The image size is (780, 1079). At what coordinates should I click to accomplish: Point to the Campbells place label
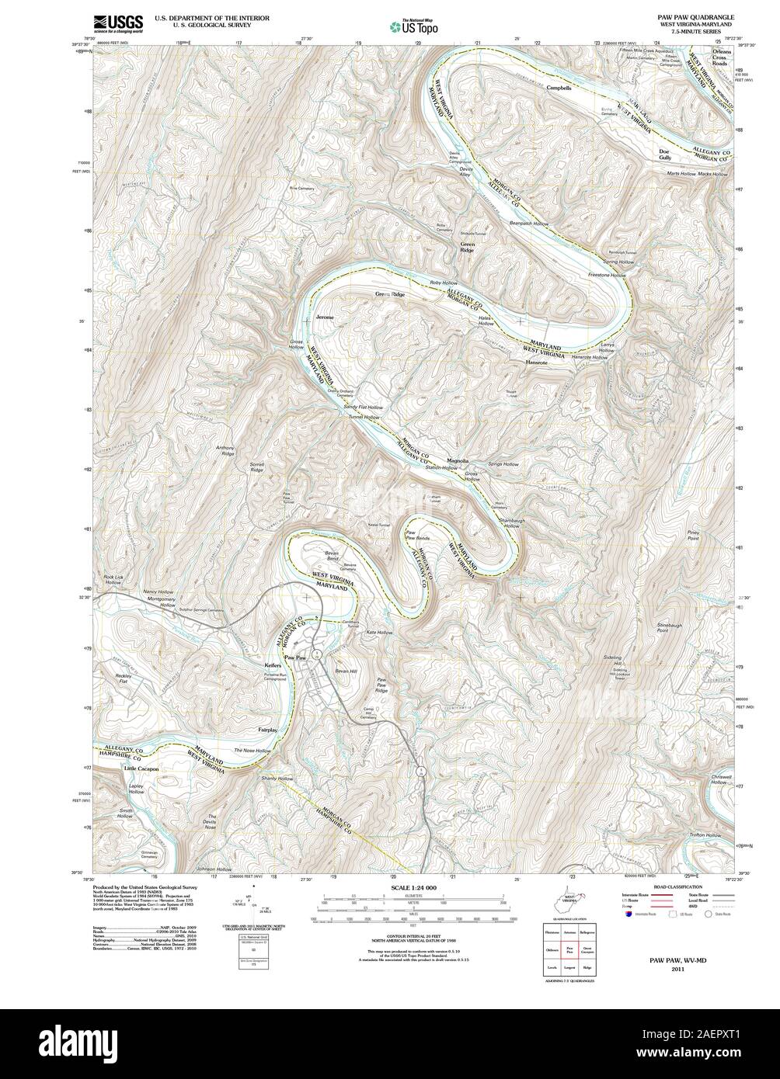[x=558, y=88]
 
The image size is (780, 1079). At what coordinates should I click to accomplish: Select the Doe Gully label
[x=664, y=154]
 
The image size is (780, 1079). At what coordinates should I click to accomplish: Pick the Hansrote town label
[x=536, y=363]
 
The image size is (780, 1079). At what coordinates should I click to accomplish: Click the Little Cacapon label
[x=141, y=768]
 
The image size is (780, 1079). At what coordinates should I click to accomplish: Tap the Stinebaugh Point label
[x=652, y=627]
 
